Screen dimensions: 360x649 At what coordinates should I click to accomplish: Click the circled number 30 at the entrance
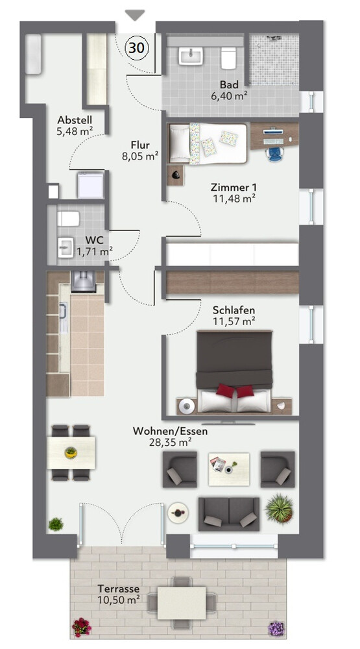point(137,48)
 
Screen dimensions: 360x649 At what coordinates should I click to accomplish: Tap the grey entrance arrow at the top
point(135,16)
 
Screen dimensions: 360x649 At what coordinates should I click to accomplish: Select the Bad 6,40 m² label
point(229,90)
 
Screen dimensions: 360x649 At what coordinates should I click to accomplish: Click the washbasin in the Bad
point(191,56)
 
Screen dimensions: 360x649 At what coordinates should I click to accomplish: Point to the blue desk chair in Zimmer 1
point(274,153)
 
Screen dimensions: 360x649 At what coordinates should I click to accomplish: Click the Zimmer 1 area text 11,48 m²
point(234,198)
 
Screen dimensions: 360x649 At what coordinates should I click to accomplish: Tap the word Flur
point(140,145)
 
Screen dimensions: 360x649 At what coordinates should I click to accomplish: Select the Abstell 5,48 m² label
point(75,125)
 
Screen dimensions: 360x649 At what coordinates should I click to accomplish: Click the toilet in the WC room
point(68,219)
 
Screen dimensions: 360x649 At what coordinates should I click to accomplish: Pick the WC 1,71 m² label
point(94,245)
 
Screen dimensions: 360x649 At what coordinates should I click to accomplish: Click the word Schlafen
point(234,310)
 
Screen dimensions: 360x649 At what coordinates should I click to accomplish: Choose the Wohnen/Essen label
point(170,432)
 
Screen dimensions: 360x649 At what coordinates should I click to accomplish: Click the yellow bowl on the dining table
point(71,452)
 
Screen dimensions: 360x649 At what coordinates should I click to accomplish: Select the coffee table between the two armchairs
point(229,469)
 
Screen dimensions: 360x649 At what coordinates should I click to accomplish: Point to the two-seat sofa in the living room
point(229,514)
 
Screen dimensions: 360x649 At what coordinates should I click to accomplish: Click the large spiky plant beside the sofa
point(280,508)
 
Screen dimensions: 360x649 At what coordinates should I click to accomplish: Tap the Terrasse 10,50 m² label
point(118,594)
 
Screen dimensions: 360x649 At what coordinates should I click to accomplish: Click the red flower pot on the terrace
point(82,627)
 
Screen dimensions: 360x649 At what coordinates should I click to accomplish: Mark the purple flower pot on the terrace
point(276,628)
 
